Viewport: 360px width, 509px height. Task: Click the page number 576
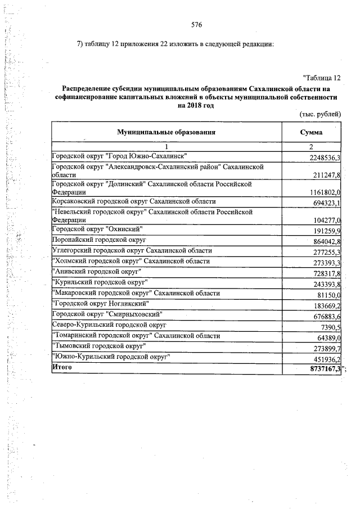[196, 25]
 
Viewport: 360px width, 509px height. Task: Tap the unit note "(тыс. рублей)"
[320, 114]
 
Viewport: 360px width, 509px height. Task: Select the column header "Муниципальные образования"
[166, 132]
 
